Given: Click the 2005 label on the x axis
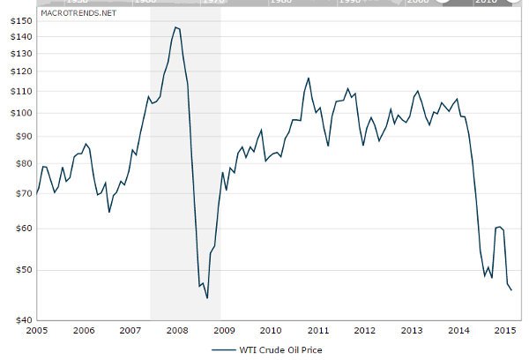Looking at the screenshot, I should (37, 330).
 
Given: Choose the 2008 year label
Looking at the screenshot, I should (176, 330).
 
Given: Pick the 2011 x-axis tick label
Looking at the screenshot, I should (317, 330).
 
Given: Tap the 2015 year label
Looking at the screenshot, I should (504, 330).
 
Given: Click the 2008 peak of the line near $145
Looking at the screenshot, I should (175, 27).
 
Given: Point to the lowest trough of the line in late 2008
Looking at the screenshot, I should (206, 298).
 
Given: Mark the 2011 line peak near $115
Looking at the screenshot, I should (309, 78).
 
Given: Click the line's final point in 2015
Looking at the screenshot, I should (511, 290).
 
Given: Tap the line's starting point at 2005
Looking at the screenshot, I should (37, 193).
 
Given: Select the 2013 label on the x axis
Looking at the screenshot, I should (411, 330).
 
